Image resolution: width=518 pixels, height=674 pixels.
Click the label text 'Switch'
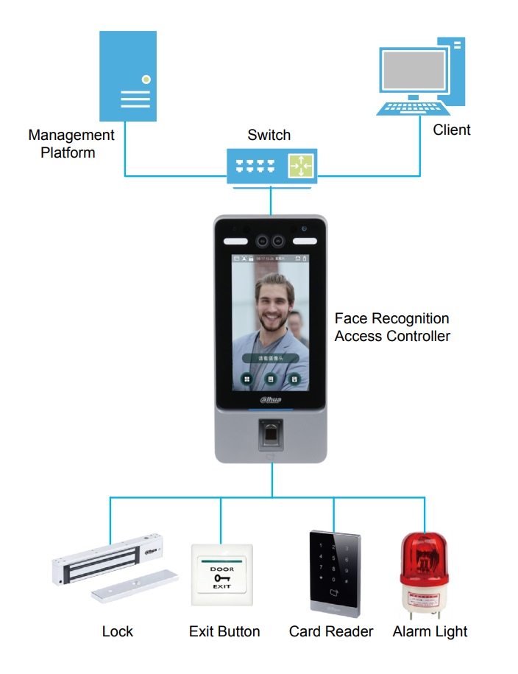tap(269, 136)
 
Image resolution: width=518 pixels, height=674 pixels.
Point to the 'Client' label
tap(451, 130)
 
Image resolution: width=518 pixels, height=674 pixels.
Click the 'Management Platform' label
tap(71, 144)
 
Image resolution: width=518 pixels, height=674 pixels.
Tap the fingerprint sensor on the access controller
tap(271, 434)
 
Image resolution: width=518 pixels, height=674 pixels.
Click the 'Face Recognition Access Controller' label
tap(391, 327)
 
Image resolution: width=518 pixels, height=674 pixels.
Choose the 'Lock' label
tap(118, 631)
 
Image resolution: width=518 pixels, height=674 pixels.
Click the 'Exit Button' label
tap(224, 631)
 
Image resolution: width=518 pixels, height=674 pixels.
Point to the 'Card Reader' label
tap(331, 631)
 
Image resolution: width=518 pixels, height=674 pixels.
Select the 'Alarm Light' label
tap(430, 631)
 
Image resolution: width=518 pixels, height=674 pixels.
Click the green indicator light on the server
tap(146, 78)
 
